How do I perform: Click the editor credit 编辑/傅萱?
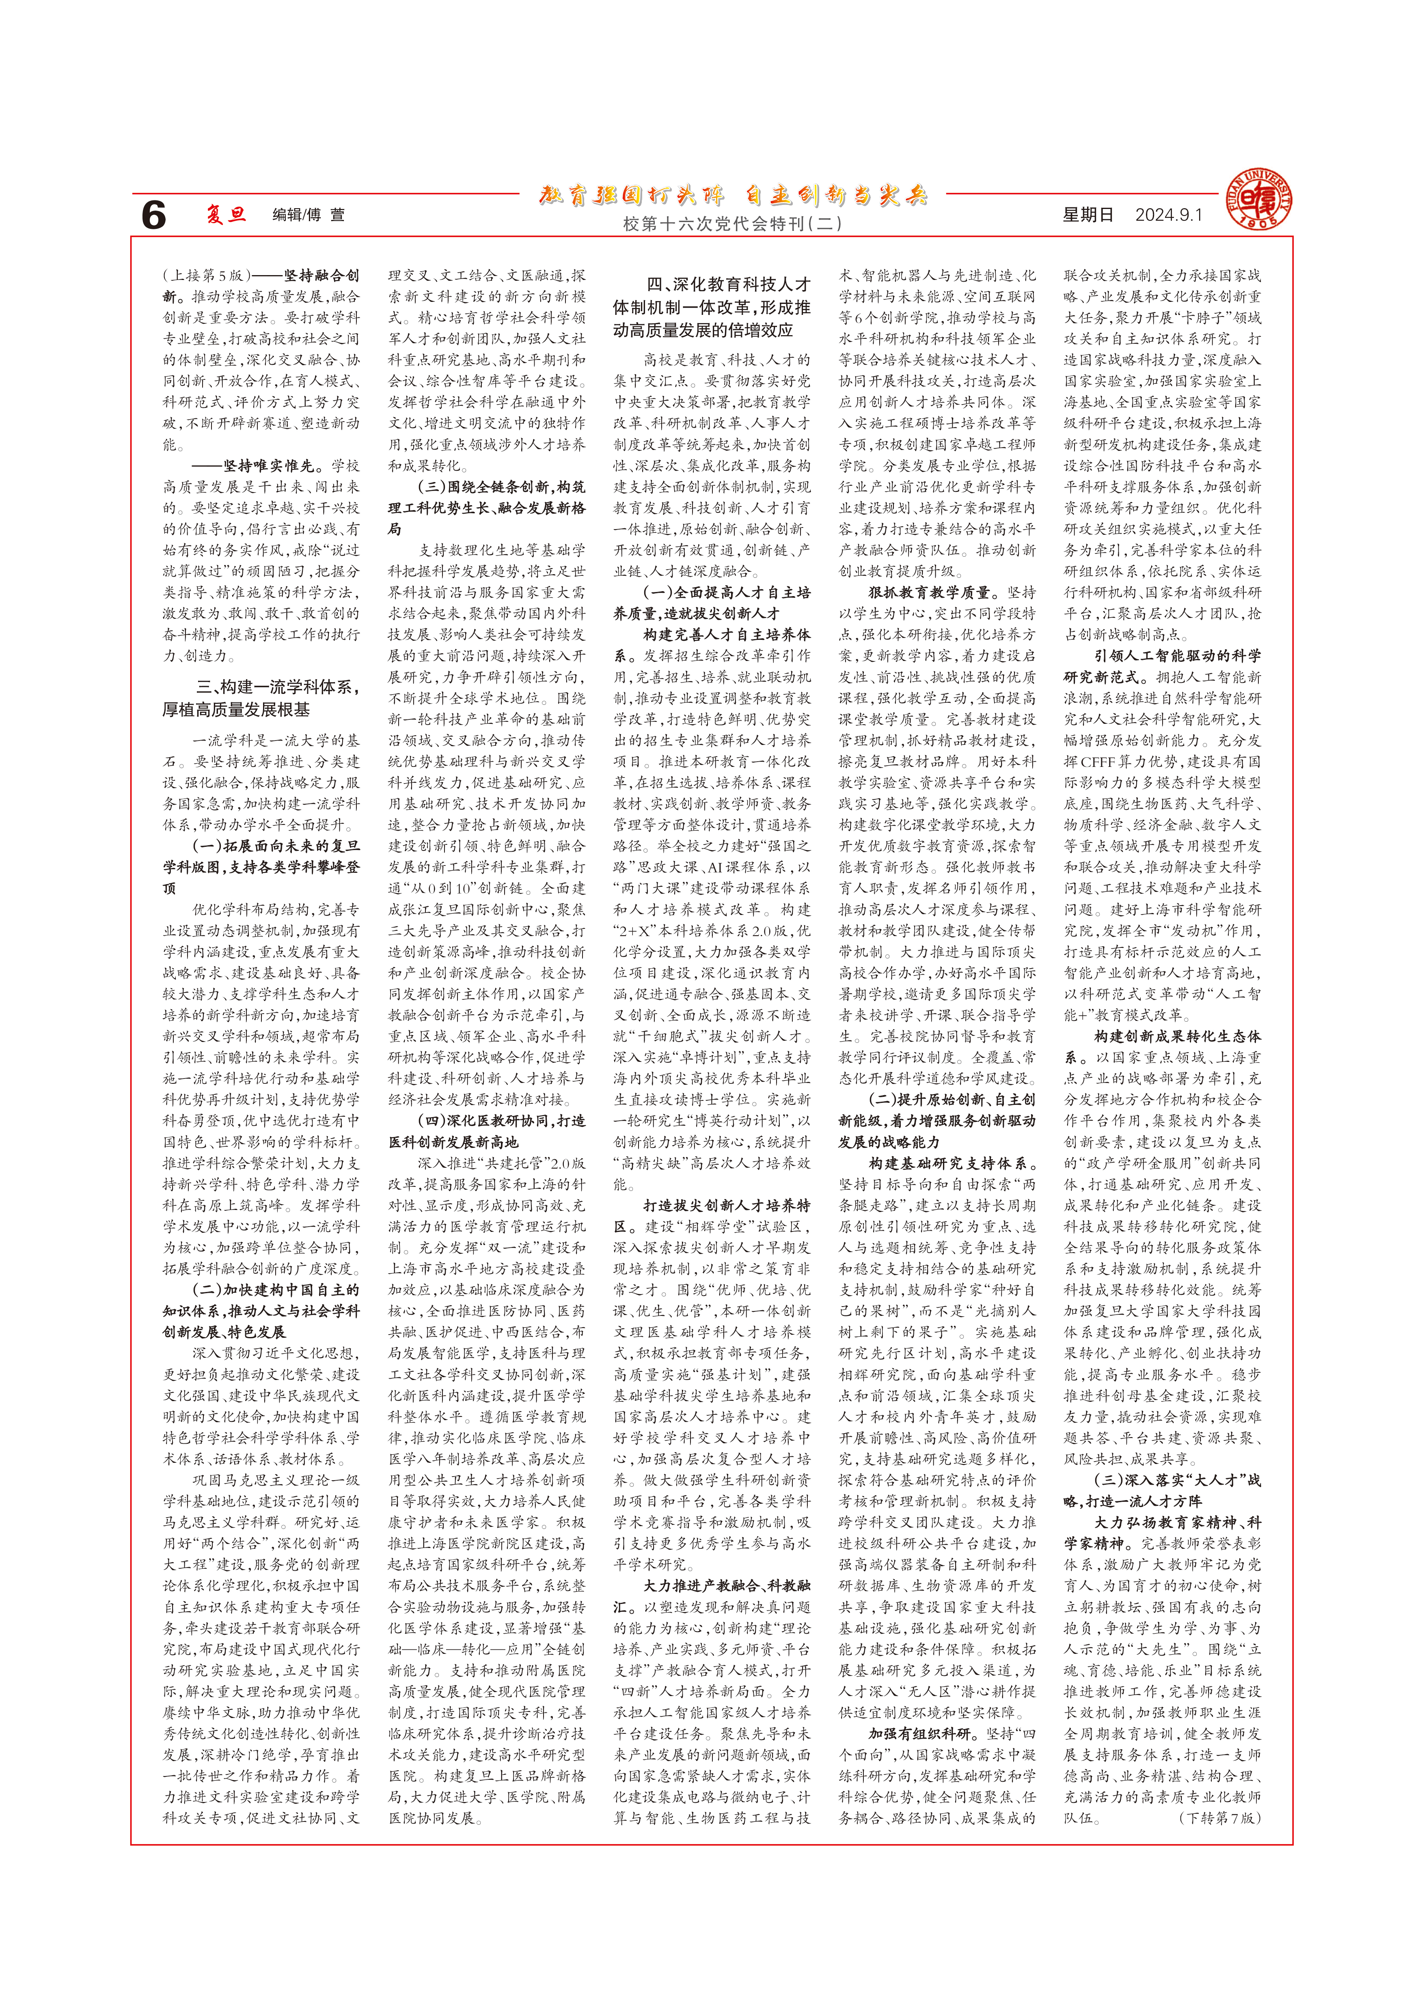click(309, 215)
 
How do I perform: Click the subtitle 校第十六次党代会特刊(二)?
click(732, 224)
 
